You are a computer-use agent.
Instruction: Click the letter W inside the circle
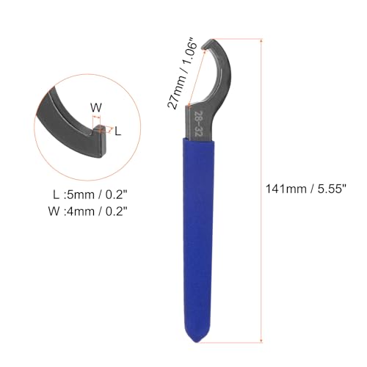[95, 106]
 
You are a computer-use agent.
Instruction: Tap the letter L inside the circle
[120, 130]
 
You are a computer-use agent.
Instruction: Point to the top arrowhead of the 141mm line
[261, 40]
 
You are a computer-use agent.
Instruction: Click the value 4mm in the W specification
[80, 214]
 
